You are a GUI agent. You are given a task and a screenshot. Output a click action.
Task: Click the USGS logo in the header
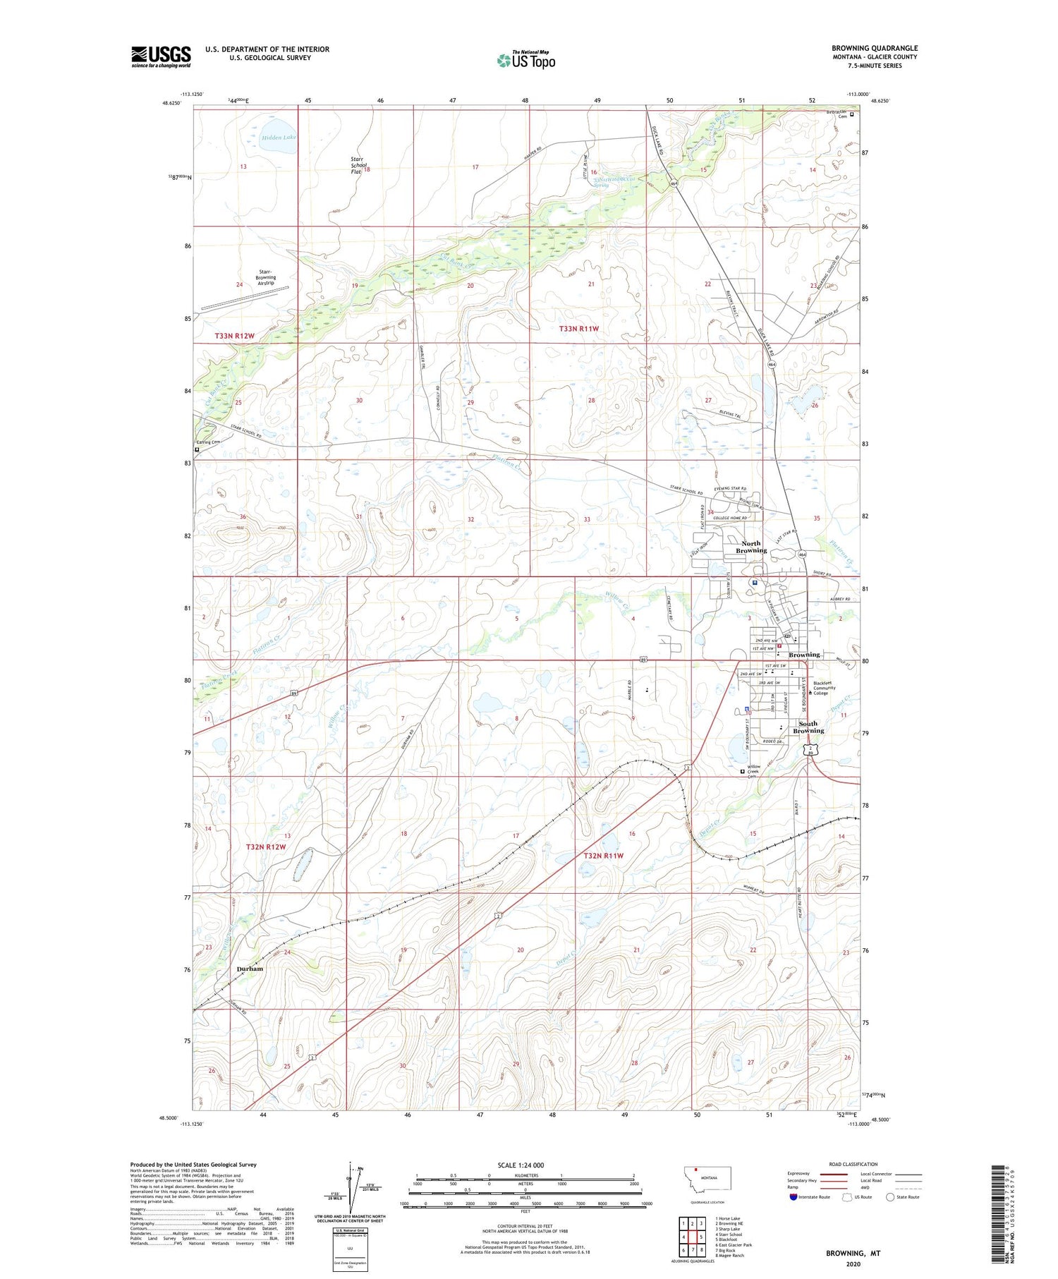coord(161,56)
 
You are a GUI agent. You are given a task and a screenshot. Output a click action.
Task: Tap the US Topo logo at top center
coord(526,60)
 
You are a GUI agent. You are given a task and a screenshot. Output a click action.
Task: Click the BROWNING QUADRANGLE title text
coord(875,48)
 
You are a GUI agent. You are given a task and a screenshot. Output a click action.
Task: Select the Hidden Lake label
coord(279,138)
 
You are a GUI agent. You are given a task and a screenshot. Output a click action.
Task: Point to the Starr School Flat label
coord(360,164)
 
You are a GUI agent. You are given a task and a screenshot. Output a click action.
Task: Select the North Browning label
coord(750,547)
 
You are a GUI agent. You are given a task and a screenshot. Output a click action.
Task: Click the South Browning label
coord(808,727)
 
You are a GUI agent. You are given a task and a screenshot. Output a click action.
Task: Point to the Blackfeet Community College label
coord(823,688)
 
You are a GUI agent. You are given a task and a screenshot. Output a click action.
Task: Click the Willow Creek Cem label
coord(755,772)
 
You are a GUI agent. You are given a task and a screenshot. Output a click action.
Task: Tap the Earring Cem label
coord(208,442)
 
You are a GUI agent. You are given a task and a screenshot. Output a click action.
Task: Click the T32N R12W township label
coord(266,847)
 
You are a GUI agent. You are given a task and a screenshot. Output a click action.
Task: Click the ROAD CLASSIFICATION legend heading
coord(853,1164)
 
